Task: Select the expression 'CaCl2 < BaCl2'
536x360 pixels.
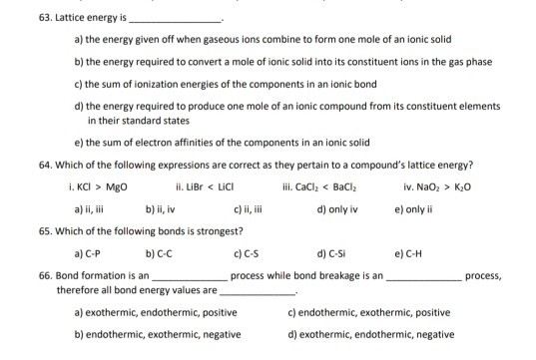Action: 313,185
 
